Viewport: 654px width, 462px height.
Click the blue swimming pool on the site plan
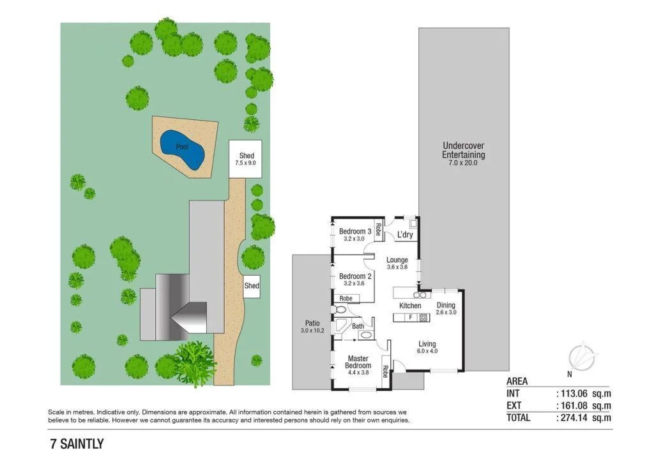[x=182, y=148]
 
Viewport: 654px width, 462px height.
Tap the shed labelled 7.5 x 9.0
[x=247, y=159]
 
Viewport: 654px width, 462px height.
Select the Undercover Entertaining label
[x=463, y=150]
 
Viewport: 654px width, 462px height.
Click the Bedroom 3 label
[x=355, y=231]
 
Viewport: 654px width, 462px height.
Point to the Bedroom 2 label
[x=355, y=276]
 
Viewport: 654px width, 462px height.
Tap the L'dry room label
[x=405, y=235]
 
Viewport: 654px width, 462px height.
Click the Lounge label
[x=397, y=260]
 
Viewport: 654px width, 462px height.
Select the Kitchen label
[x=410, y=306]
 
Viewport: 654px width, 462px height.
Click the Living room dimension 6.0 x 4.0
[x=427, y=351]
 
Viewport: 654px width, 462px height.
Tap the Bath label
[x=358, y=326]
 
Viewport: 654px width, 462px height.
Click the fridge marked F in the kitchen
[x=411, y=317]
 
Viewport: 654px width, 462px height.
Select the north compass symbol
[x=582, y=357]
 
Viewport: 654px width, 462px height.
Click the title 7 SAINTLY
[x=77, y=443]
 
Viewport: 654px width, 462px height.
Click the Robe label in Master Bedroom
[x=385, y=369]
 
